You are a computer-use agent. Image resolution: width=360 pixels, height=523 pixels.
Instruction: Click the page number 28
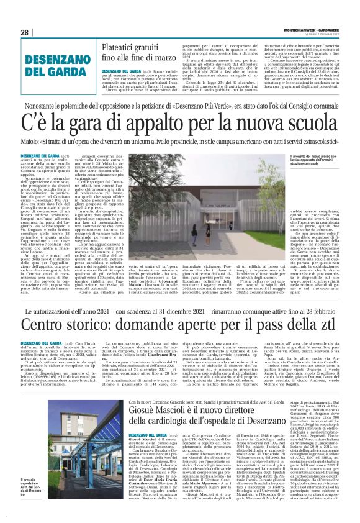(24, 32)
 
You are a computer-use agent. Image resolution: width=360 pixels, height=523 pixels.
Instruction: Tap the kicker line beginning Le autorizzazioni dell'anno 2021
(180, 309)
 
